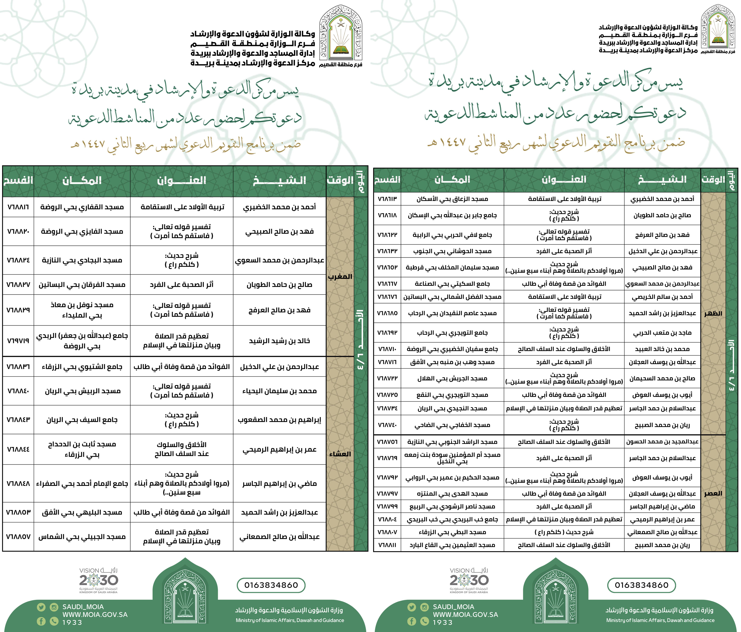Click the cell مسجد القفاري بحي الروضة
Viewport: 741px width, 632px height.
point(82,207)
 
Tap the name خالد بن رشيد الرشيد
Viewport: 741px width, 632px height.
point(279,341)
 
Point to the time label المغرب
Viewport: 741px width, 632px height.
point(340,276)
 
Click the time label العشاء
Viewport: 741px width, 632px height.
point(340,454)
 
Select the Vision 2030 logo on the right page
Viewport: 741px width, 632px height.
point(469,580)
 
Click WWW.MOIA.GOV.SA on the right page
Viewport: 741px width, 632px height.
point(465,615)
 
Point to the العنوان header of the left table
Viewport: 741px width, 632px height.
point(182,181)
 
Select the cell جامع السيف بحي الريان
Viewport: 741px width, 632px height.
point(82,420)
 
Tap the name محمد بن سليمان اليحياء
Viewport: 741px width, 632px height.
point(279,391)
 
